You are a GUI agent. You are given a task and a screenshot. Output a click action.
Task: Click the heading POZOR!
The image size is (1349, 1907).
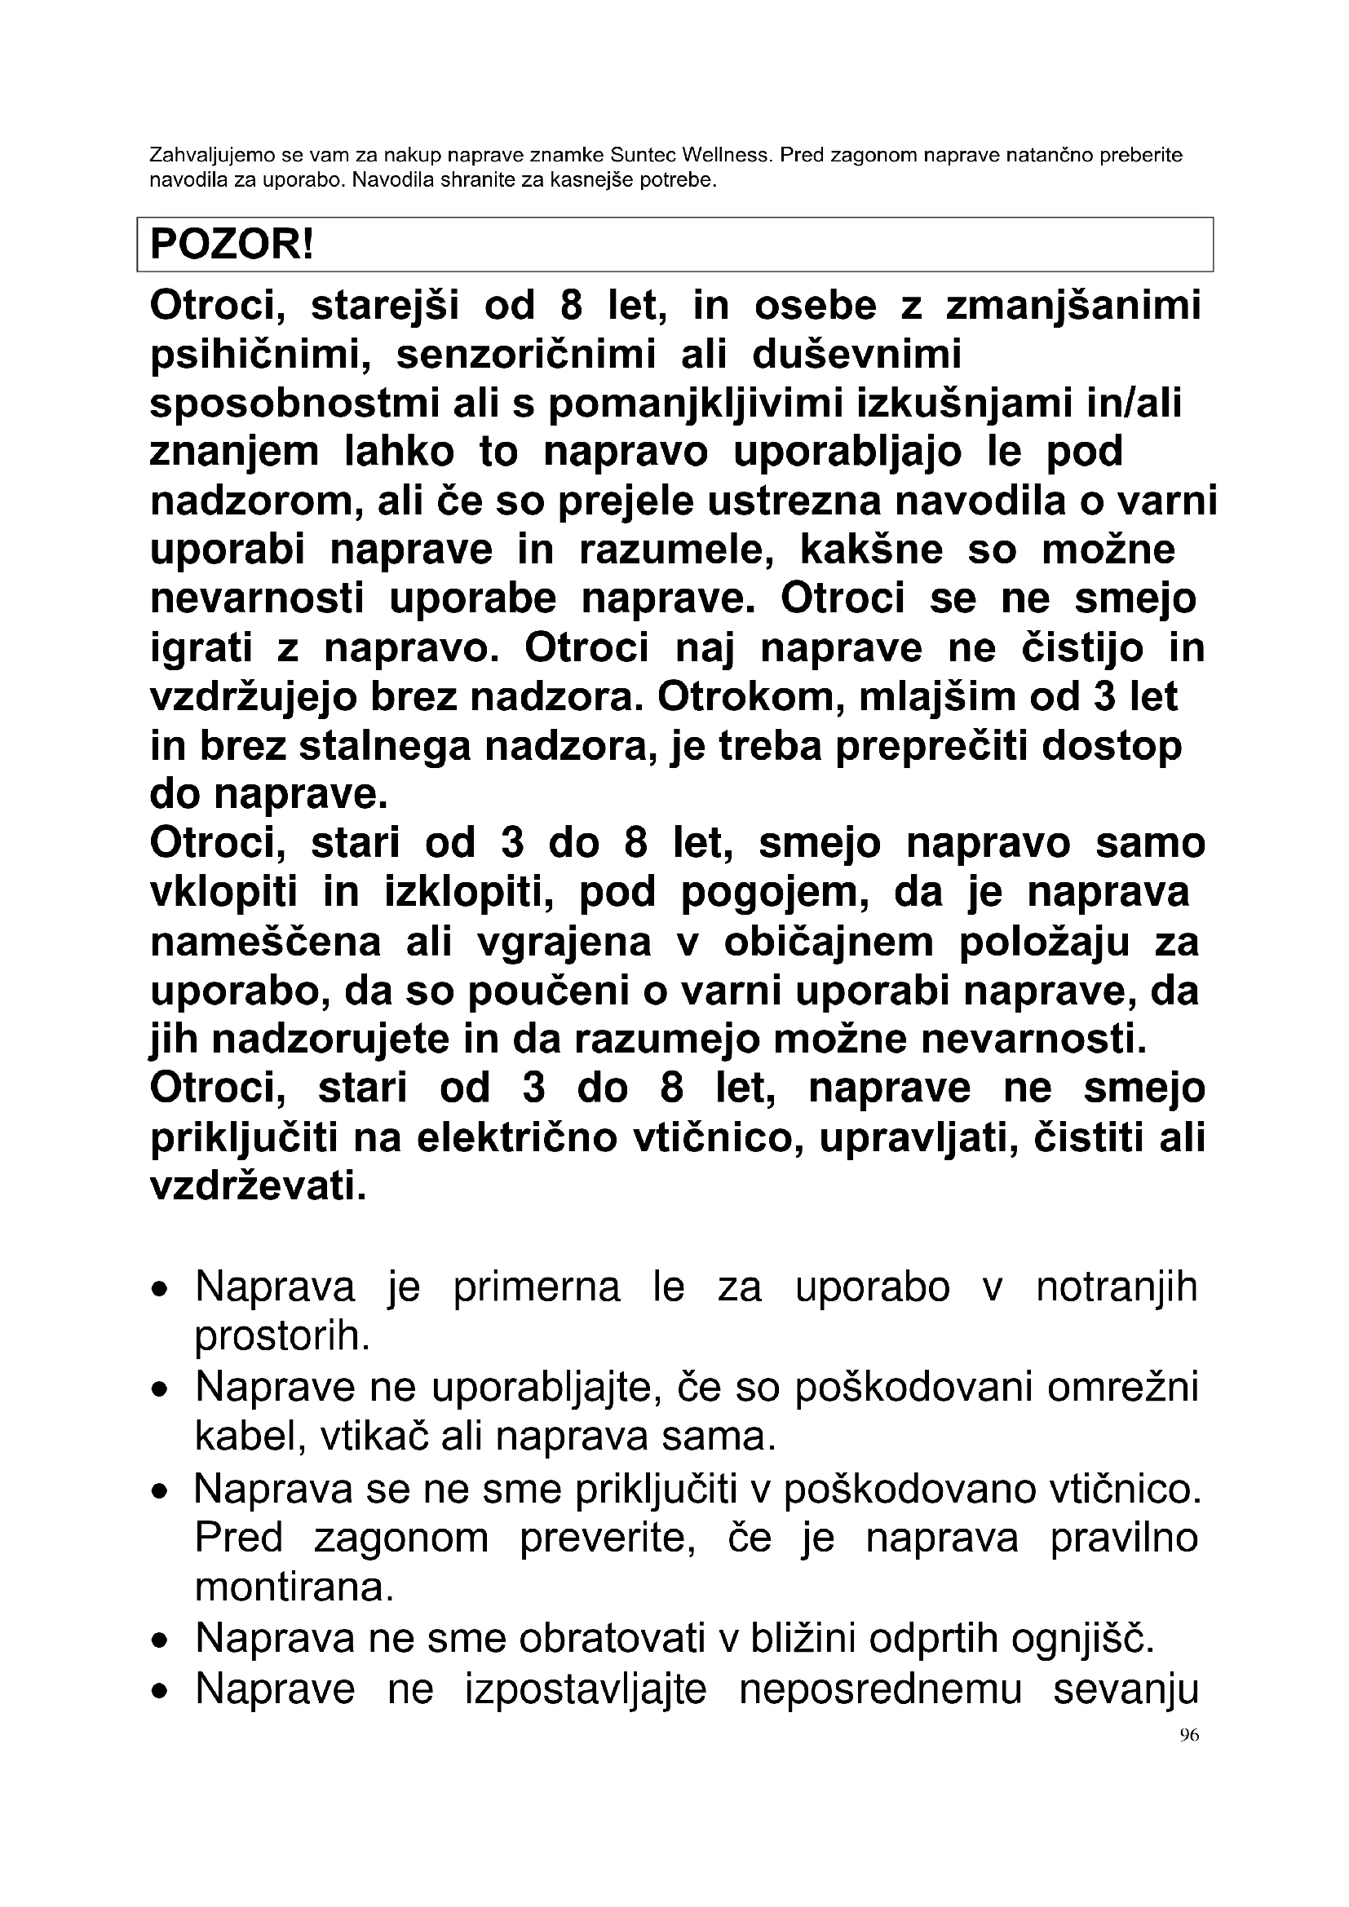[x=232, y=245]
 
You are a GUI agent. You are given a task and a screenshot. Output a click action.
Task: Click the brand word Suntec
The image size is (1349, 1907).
[x=642, y=156]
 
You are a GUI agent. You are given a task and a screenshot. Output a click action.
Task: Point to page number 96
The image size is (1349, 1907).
[x=1188, y=1735]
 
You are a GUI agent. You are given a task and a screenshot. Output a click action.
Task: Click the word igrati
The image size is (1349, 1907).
[x=200, y=649]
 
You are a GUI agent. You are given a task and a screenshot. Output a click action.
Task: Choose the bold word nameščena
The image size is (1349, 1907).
[x=266, y=942]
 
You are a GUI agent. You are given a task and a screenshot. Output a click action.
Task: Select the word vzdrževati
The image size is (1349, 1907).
[x=258, y=1186]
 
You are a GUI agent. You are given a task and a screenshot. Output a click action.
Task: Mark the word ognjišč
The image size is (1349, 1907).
[x=1083, y=1639]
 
